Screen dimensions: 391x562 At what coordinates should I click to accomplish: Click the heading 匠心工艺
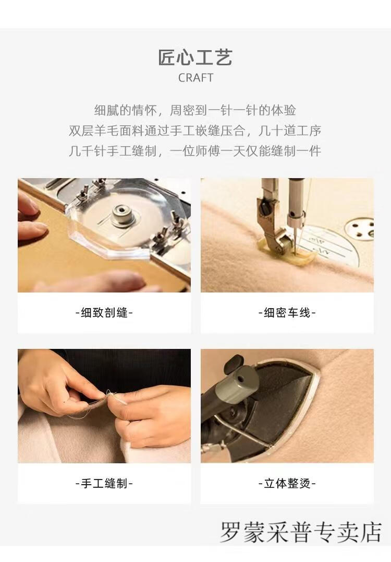coord(195,57)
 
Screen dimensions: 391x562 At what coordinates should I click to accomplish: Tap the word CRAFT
coord(195,77)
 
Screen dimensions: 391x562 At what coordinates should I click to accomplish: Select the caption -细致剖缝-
coord(104,312)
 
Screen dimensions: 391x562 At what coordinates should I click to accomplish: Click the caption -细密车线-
coord(287,312)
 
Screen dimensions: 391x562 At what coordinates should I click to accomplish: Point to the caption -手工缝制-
coord(104,483)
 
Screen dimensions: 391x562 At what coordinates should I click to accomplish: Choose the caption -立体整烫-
coord(287,483)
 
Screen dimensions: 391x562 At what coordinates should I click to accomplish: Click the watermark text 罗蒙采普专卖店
coord(301,532)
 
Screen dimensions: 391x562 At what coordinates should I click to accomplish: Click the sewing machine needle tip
coord(295,254)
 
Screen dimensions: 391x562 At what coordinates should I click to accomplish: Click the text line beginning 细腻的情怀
coord(195,110)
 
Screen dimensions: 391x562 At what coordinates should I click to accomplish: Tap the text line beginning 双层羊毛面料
coord(195,131)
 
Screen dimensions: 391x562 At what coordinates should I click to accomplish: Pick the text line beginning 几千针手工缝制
coord(195,151)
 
